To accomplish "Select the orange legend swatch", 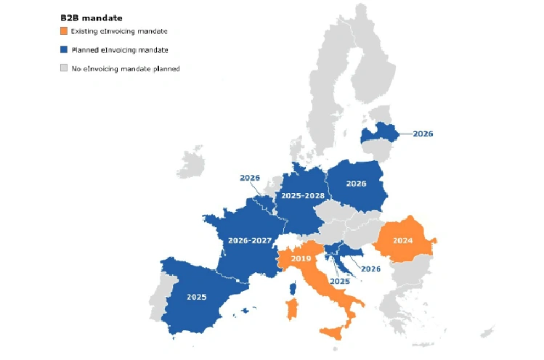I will [64, 31].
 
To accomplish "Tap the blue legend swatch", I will [64, 50].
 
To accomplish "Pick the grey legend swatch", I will [64, 68].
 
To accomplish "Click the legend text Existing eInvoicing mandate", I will [119, 31].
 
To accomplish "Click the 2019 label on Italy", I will [301, 258].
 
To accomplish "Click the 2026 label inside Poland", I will [356, 184].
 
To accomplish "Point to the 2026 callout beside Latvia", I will [423, 134].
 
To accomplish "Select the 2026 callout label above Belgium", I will [249, 178].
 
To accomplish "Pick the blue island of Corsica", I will [293, 288].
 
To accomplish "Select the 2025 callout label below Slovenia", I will [339, 280].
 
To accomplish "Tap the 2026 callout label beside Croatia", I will [370, 269].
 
